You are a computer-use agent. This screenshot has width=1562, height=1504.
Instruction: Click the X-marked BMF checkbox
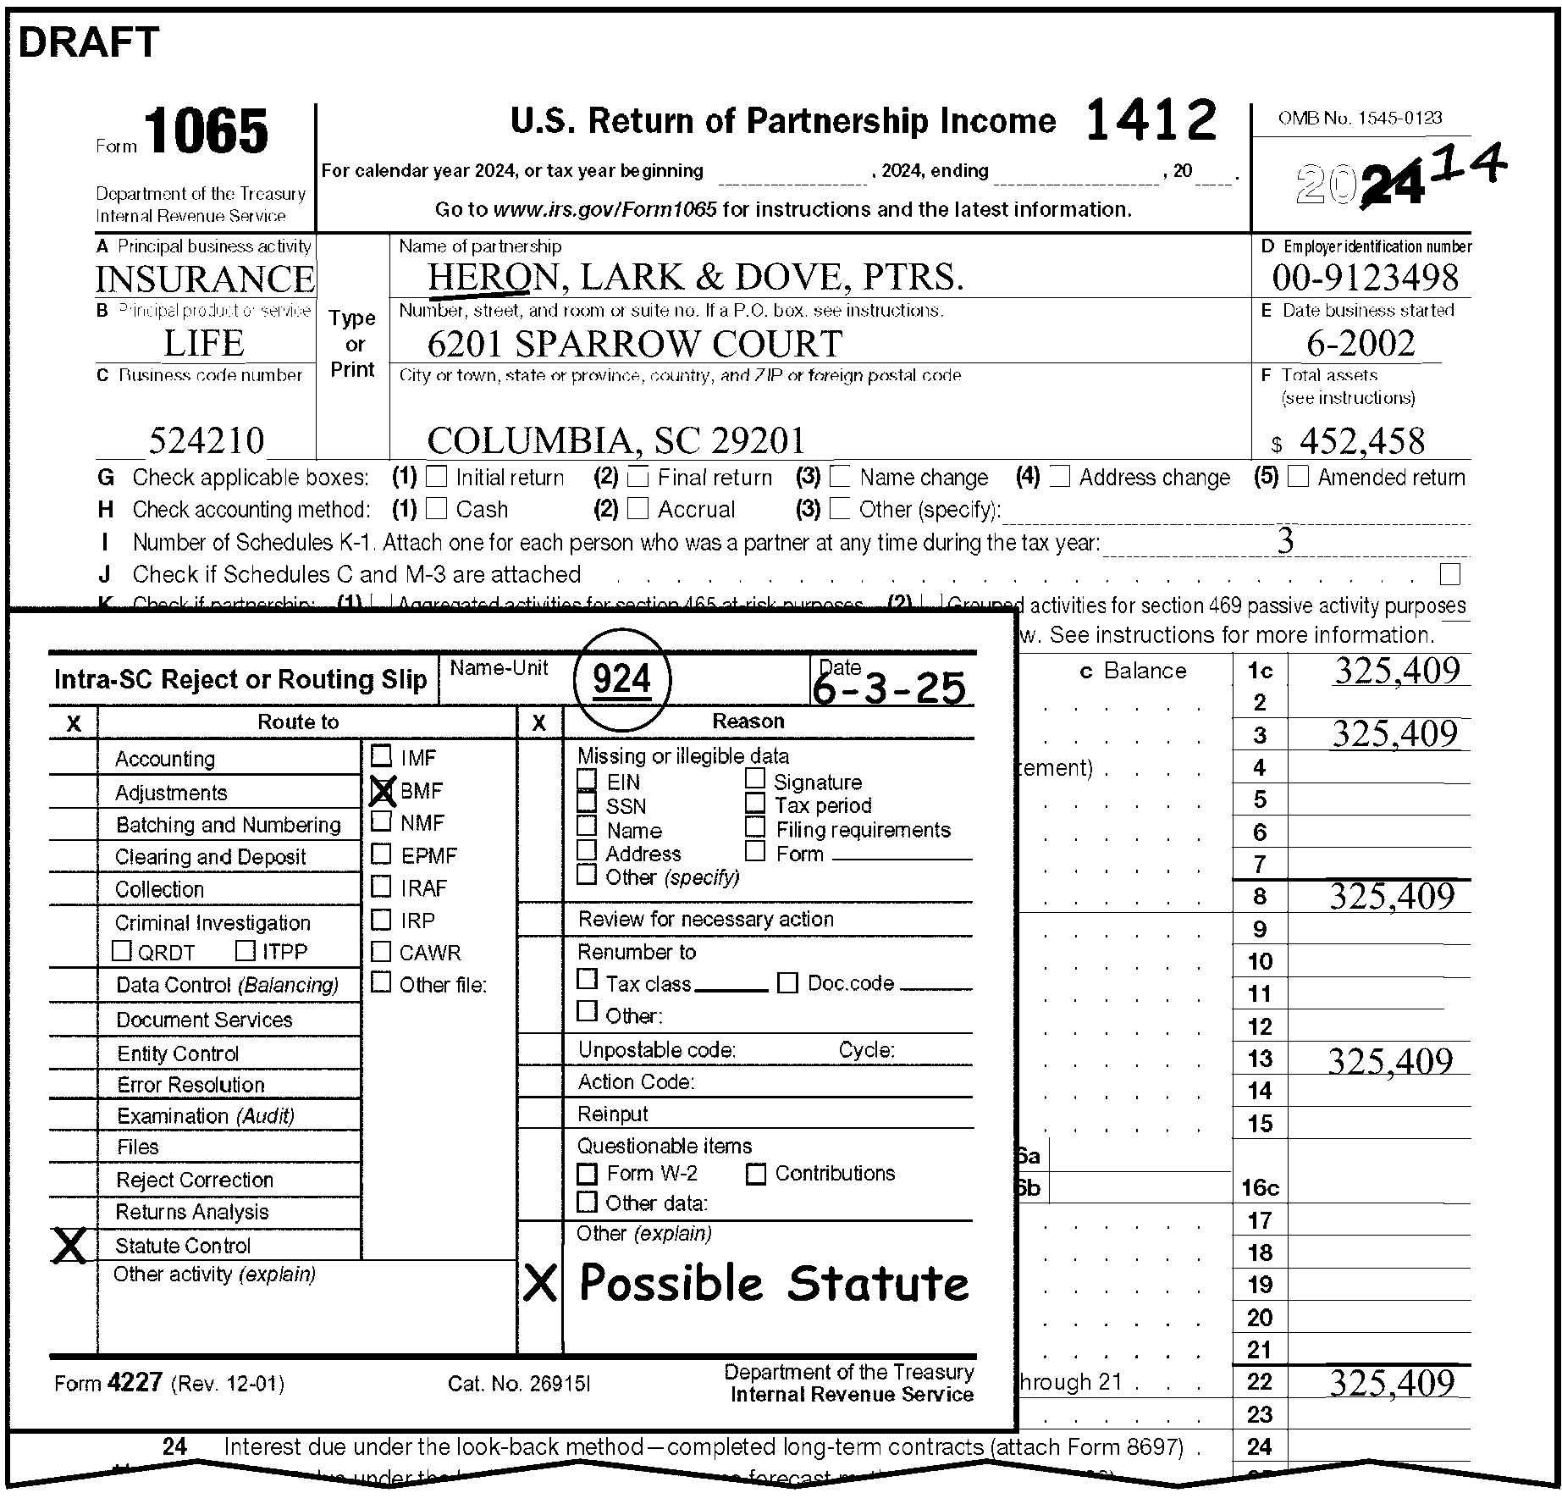tap(383, 791)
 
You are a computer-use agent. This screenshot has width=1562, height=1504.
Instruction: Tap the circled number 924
tap(622, 679)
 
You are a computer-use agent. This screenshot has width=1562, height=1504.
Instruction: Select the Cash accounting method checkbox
tap(436, 509)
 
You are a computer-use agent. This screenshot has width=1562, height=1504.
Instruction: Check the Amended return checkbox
tap(1298, 477)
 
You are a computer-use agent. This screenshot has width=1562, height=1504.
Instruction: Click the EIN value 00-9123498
tap(1365, 278)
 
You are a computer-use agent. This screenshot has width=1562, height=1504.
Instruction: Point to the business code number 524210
tap(207, 440)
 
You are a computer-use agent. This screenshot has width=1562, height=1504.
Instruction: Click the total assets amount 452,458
tap(1361, 440)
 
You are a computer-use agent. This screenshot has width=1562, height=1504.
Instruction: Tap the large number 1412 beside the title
tap(1151, 120)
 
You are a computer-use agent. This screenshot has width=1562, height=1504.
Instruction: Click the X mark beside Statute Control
tap(70, 1246)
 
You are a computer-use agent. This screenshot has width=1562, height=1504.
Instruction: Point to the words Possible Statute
tap(774, 1284)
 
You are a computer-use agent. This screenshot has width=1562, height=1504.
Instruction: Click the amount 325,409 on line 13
tap(1389, 1060)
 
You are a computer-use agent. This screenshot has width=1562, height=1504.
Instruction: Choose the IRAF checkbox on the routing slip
tap(382, 887)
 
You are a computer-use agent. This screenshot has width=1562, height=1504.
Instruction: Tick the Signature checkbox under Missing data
tap(755, 778)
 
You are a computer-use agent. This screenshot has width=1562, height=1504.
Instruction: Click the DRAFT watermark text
tap(89, 42)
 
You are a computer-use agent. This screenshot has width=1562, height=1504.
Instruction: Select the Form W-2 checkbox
tap(587, 1174)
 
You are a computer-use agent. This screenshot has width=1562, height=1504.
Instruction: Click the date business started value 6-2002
tap(1361, 343)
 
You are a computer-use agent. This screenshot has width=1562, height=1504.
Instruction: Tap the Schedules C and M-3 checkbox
tap(1450, 575)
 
